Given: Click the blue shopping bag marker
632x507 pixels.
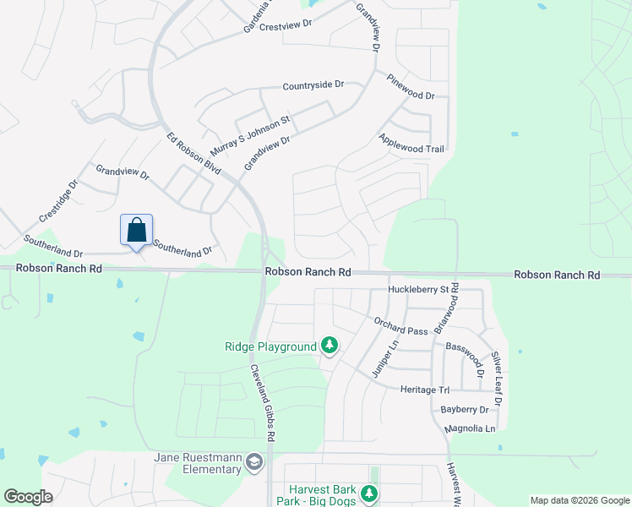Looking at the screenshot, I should [137, 230].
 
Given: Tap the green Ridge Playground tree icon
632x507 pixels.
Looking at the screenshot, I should [330, 346].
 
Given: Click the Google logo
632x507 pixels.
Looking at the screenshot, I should [28, 497].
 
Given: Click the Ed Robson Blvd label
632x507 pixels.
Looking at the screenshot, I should [193, 153].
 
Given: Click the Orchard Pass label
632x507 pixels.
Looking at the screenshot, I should [401, 325].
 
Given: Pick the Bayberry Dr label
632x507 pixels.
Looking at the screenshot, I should [465, 410].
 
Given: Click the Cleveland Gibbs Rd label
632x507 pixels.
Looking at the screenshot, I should [263, 402].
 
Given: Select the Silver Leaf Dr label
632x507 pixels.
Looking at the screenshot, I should [497, 378].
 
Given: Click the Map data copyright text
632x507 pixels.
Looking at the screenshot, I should [579, 500].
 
